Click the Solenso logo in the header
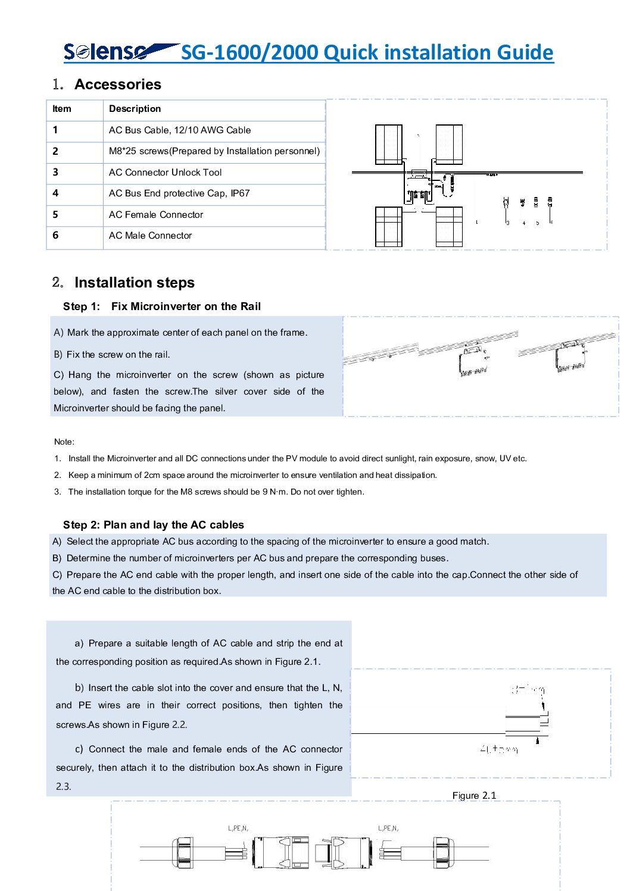(x=119, y=52)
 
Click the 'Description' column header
(x=135, y=109)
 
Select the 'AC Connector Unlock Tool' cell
(x=165, y=173)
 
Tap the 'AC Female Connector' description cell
(x=155, y=215)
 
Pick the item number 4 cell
(x=55, y=193)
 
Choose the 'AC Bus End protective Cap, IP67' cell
(x=179, y=193)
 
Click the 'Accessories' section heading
(x=118, y=85)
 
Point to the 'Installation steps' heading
(x=135, y=283)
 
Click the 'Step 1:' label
(x=82, y=307)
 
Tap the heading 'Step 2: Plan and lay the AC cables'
(x=154, y=525)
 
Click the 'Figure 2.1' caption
(x=474, y=796)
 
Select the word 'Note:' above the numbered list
(x=64, y=442)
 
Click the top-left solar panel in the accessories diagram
(x=388, y=145)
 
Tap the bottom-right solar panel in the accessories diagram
(x=449, y=227)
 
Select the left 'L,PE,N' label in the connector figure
(x=238, y=828)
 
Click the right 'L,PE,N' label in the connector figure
(x=388, y=828)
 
